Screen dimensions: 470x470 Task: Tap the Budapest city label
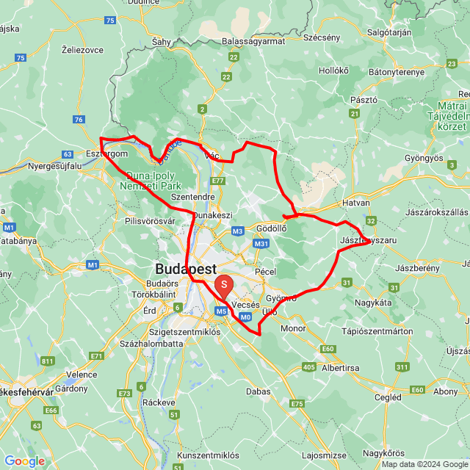click(184, 268)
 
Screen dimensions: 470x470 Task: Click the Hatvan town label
click(356, 203)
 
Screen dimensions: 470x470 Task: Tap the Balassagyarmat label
click(253, 41)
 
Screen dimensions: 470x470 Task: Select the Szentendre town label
click(192, 198)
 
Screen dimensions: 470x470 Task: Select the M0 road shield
click(245, 317)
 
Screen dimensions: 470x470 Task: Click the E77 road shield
click(217, 181)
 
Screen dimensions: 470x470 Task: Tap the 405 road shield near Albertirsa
click(308, 366)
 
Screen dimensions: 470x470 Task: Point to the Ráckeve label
click(159, 402)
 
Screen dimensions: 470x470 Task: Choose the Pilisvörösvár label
click(150, 220)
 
